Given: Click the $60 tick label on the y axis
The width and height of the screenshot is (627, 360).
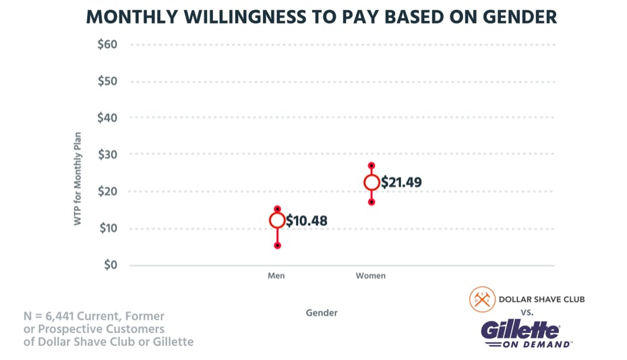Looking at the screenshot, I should pos(108,44).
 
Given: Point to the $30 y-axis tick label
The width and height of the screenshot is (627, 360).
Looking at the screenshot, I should pos(108,154).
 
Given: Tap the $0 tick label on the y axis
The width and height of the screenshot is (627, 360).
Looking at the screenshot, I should pos(111,265).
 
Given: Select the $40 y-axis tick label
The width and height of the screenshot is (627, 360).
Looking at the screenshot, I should pos(108,118).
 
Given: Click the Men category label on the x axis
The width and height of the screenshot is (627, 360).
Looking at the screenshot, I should pos(276,276).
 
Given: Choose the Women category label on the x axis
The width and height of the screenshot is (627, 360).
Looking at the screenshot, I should pos(371,276).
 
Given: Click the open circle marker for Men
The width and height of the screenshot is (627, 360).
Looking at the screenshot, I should pos(277,220).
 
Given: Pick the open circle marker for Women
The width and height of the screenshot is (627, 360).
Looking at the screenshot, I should pos(371,182).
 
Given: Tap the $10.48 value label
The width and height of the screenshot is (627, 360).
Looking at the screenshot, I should pos(307,220).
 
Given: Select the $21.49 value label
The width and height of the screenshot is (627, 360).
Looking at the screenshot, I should pos(401,183).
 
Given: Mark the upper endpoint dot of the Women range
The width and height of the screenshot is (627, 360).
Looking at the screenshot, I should pos(371,165).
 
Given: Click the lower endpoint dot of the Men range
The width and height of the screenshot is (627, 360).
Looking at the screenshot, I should pos(277,245).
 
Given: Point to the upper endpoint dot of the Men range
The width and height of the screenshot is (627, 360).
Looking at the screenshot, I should pos(277,209).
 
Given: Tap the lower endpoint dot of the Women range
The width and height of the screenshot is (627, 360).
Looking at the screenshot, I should pos(371,202).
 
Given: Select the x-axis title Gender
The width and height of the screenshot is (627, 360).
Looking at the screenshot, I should pos(322,313).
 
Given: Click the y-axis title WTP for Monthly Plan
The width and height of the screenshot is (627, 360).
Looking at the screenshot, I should pos(78,179).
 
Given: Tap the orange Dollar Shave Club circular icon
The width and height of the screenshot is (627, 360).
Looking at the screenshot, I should pos(481,299).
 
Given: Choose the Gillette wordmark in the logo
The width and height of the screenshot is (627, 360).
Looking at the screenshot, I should pos(520,330).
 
